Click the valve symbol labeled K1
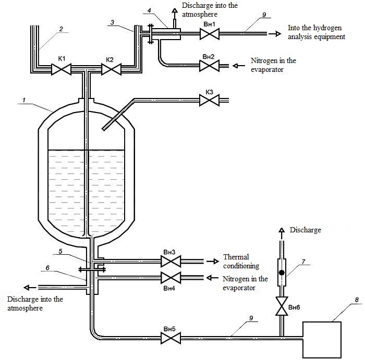coord(61,69)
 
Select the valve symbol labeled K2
coord(111,69)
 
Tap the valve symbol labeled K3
coord(209,101)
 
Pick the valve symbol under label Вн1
coord(209,34)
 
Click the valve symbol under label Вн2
coord(209,66)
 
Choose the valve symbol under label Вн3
coord(171,262)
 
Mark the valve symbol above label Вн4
coord(171,278)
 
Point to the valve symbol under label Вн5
coord(171,338)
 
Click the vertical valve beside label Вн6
coord(282,306)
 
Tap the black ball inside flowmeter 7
coord(282,272)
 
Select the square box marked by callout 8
coord(322,340)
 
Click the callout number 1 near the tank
coord(24,101)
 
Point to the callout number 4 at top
coord(149,10)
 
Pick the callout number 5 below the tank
coord(60,252)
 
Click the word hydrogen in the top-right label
coord(327,28)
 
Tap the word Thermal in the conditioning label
coord(236,257)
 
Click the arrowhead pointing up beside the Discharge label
coord(282,230)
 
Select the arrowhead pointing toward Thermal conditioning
coord(216,262)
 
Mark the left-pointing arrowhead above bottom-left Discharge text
coord(27,288)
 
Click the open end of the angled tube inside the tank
coord(103,129)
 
